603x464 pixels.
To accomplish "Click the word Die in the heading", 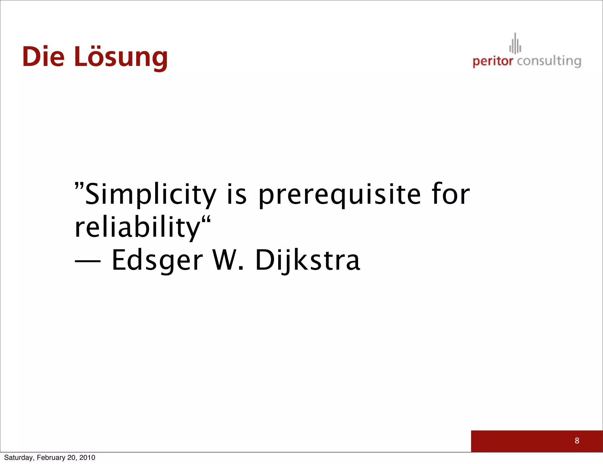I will tap(43, 57).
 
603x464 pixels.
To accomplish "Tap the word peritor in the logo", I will tap(493, 61).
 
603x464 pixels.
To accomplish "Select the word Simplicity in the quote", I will tap(150, 194).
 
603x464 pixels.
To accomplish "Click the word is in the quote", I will tap(237, 194).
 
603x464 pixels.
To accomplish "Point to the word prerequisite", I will tap(339, 194).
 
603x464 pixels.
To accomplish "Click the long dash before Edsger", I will tap(88, 261).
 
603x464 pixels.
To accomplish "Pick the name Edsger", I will tap(157, 260).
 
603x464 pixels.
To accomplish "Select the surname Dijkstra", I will tap(308, 260).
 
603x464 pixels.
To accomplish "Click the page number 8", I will tap(577, 440).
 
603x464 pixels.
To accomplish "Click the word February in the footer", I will tap(51, 458).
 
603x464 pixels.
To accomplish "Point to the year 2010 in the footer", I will tap(87, 458).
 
